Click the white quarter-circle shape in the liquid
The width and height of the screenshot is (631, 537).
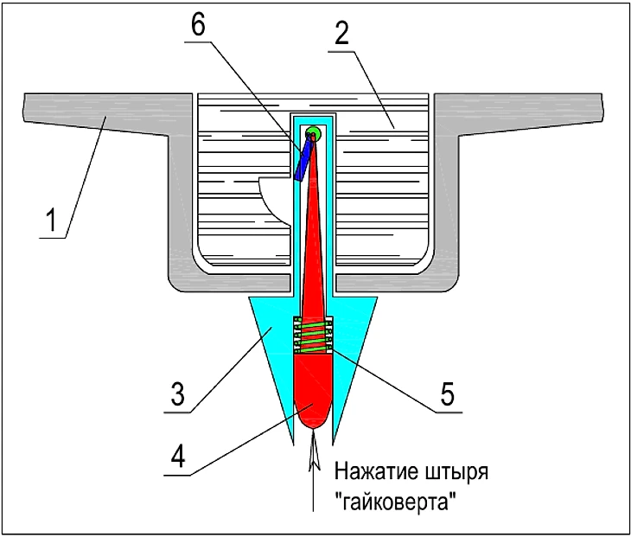point(276,193)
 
